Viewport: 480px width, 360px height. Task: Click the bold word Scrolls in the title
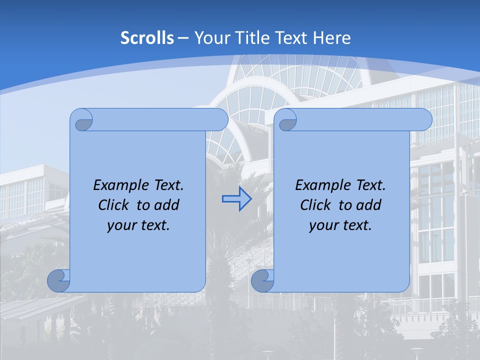(147, 38)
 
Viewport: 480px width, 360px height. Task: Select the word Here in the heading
(331, 38)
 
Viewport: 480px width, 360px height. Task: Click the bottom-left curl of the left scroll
(58, 281)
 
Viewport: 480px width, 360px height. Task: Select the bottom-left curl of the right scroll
(262, 281)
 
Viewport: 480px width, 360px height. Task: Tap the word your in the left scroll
(122, 225)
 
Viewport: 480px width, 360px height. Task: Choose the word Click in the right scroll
(315, 205)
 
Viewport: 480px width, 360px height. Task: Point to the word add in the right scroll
(369, 205)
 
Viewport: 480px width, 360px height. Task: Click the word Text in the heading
(291, 38)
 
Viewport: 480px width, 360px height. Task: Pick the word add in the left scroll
(167, 205)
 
